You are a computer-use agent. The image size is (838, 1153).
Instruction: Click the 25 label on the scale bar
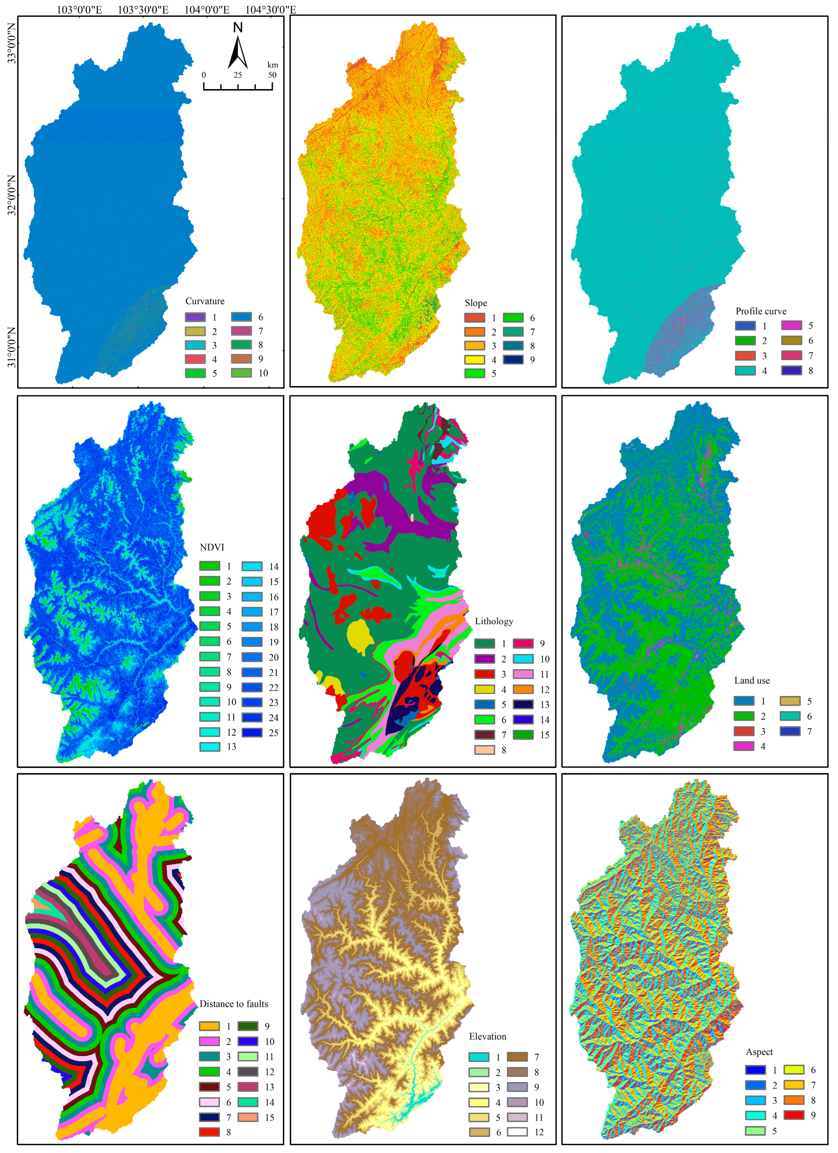tap(238, 75)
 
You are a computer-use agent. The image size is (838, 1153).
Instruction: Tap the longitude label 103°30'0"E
tap(143, 10)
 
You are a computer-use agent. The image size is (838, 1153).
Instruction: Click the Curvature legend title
tap(205, 301)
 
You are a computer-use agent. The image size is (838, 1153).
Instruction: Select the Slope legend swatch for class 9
tap(513, 359)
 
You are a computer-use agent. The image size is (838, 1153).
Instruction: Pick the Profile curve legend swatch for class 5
tap(791, 325)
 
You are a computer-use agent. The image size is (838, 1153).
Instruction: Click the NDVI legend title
tap(212, 547)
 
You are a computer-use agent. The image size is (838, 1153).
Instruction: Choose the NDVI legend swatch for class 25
tap(252, 733)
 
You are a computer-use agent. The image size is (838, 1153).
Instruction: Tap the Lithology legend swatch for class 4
tap(484, 689)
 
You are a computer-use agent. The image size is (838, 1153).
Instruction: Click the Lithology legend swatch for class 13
tap(523, 705)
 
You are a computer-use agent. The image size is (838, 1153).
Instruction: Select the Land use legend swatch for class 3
tap(744, 731)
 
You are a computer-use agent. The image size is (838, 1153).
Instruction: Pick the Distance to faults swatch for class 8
tap(209, 1132)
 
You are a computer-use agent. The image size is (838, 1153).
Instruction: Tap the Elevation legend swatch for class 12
tap(517, 1132)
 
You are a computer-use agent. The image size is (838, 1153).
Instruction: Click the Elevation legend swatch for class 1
tap(479, 1057)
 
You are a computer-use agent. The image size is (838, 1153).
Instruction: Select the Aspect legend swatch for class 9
tap(794, 1115)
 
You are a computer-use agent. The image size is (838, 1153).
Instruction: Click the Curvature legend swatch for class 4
tap(195, 359)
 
